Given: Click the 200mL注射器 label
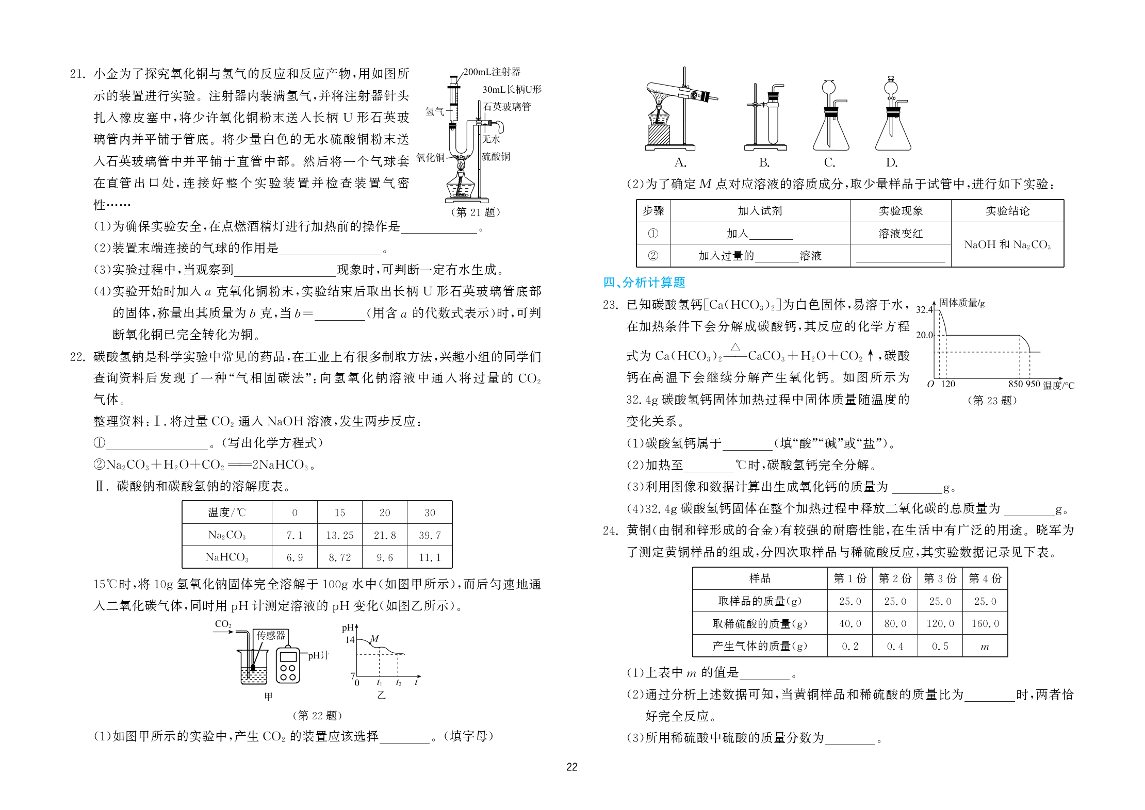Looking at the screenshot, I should (492, 72).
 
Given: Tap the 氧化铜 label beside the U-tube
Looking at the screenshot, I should (431, 157).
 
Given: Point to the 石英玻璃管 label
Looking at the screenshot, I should (506, 107).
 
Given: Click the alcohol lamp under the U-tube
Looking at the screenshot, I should (460, 186).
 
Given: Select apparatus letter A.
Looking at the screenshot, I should (680, 163).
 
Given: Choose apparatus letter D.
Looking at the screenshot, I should (892, 163).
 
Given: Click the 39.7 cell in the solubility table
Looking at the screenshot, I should (430, 535).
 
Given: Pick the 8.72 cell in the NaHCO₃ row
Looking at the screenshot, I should (339, 557).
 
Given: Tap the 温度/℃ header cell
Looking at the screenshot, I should (227, 513).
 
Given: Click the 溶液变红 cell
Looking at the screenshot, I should (901, 234).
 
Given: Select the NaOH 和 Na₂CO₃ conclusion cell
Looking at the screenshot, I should (1007, 244).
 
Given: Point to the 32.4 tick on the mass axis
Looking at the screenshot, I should (924, 310).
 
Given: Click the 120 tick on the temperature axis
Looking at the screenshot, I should (948, 384).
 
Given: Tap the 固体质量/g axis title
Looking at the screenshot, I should (961, 303).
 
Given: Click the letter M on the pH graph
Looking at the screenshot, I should (375, 639).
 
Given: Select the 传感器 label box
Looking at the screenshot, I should (271, 635).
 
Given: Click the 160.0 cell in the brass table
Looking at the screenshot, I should (985, 624).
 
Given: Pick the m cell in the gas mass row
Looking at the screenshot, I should (985, 647).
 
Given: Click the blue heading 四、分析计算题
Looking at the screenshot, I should (644, 283).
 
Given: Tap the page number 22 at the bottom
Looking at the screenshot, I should (572, 767).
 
